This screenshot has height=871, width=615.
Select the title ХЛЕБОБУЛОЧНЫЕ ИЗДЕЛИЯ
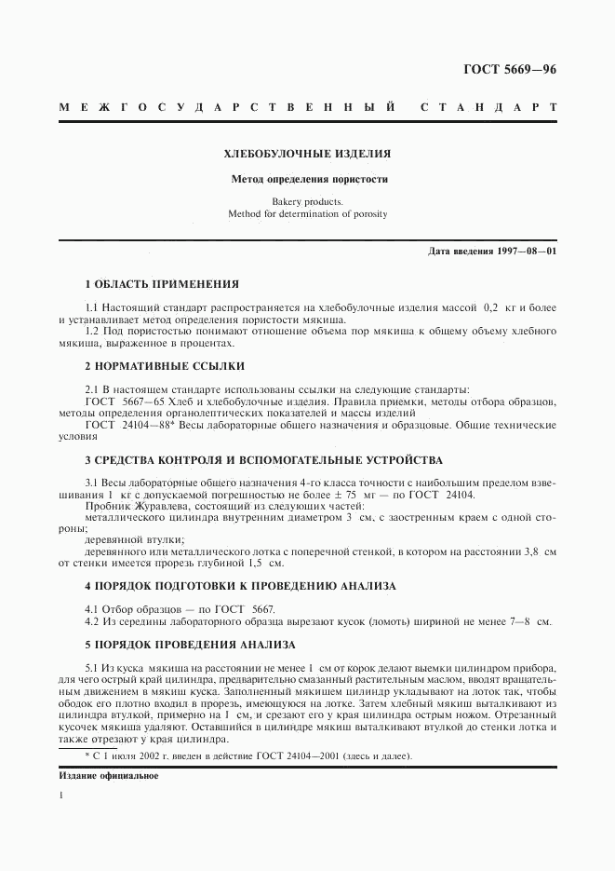[x=307, y=153]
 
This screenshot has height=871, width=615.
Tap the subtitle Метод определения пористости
[x=307, y=179]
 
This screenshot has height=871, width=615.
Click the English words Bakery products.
[x=307, y=201]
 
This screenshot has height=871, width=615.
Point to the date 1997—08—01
[x=524, y=252]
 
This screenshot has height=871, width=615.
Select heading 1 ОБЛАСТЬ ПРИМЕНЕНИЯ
[x=162, y=283]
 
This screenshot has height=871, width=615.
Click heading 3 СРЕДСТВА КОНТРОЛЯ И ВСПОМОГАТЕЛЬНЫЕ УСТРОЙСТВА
[x=263, y=460]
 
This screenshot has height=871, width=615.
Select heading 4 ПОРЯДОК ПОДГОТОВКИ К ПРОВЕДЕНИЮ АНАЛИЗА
[x=240, y=586]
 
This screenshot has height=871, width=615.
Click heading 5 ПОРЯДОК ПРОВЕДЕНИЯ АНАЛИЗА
[x=190, y=645]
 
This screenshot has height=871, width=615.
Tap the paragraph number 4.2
[x=92, y=620]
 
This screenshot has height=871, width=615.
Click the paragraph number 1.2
[x=92, y=332]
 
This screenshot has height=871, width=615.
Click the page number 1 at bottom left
[x=61, y=797]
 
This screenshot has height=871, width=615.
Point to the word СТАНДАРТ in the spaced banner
[x=488, y=107]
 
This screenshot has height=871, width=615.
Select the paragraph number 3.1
[x=92, y=483]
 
